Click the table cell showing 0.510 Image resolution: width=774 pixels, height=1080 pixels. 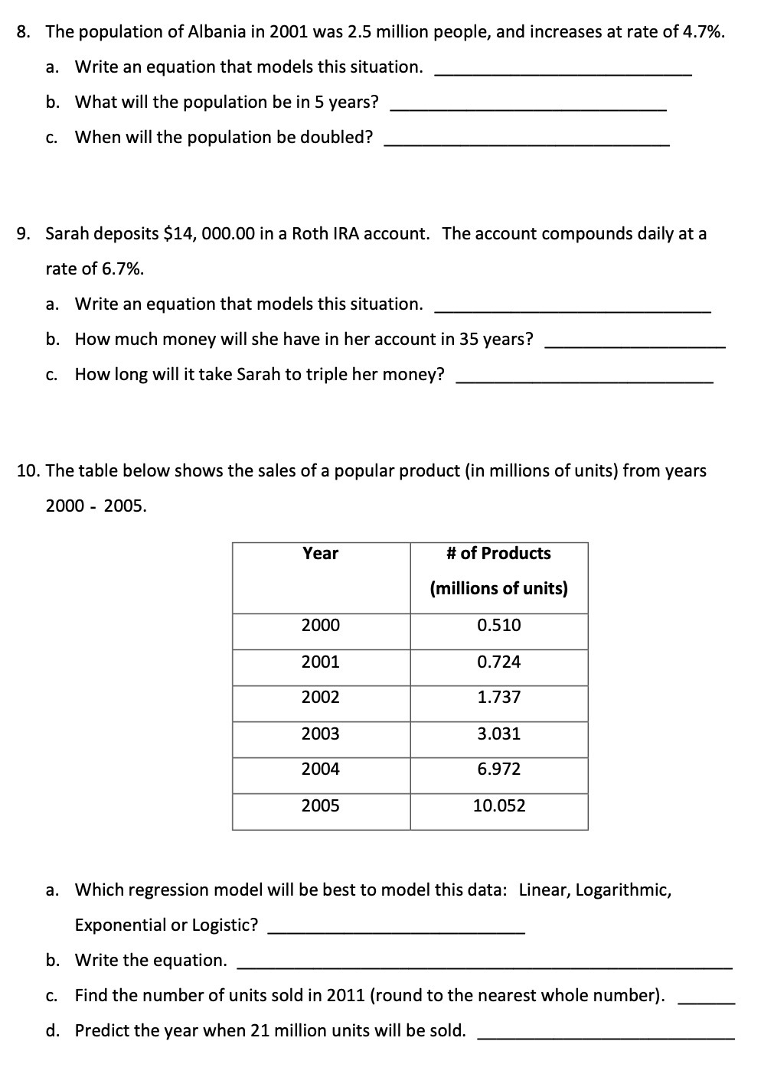coord(498,625)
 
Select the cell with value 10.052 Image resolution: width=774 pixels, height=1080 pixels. coord(498,805)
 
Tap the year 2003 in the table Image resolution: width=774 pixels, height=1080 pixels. coord(320,734)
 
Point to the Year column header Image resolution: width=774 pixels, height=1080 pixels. coord(320,553)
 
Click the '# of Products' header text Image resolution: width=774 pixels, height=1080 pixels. coord(498,553)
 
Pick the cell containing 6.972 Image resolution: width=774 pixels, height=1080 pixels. coord(498,769)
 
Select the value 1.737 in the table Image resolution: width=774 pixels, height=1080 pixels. coord(498,697)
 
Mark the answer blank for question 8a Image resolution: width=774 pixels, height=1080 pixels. coord(563,72)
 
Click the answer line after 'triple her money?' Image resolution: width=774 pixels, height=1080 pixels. coord(584,379)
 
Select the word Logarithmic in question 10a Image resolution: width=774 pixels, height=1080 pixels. coord(623,890)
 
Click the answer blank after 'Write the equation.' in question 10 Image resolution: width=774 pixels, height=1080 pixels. coord(485,966)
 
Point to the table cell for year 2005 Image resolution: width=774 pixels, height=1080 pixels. coord(320,805)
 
